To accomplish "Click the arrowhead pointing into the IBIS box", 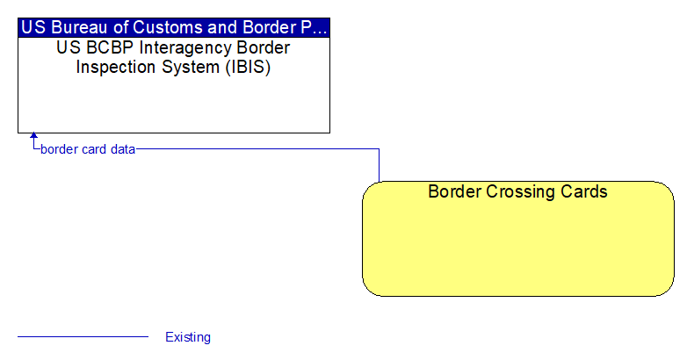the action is tap(33, 136).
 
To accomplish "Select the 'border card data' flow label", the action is tap(88, 149).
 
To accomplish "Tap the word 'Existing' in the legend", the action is tap(188, 337).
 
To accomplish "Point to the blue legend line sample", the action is tap(83, 337).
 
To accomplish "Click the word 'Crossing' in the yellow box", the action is tap(520, 191).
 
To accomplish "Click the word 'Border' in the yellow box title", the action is tap(454, 191).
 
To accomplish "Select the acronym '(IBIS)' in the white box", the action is tap(248, 67).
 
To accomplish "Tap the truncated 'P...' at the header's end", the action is tap(314, 27).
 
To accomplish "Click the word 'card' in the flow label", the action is tap(94, 149).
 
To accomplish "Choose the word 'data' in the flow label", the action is tap(123, 149).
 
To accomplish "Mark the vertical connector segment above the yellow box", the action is tap(379, 165).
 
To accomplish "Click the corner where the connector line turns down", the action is tap(379, 149).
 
